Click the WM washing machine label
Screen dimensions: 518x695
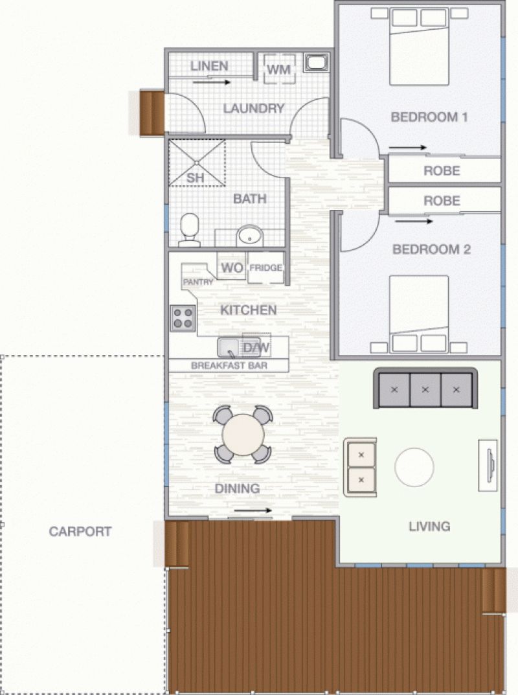coord(279,69)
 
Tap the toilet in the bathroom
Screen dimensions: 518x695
coord(190,230)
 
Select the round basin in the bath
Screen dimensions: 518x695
coord(249,236)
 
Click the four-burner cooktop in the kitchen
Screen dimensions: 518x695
coord(183,318)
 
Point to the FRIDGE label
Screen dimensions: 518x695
coord(266,268)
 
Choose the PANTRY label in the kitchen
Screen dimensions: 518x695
coord(198,282)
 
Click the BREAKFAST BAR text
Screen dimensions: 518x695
coord(229,366)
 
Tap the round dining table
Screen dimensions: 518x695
coord(243,435)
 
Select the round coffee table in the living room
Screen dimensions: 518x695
coord(414,467)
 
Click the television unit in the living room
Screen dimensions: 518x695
coord(488,466)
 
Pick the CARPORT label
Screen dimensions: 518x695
coord(80,531)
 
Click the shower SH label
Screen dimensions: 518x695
coord(195,178)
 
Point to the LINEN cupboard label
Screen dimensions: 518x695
coord(209,66)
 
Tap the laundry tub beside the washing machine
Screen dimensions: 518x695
coord(316,62)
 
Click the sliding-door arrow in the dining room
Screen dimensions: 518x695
coord(253,510)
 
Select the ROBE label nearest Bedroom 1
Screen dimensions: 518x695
coord(442,170)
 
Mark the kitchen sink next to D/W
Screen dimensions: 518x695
coord(229,347)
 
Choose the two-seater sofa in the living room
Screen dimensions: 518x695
coord(360,467)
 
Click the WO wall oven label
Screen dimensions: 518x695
coord(232,268)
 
